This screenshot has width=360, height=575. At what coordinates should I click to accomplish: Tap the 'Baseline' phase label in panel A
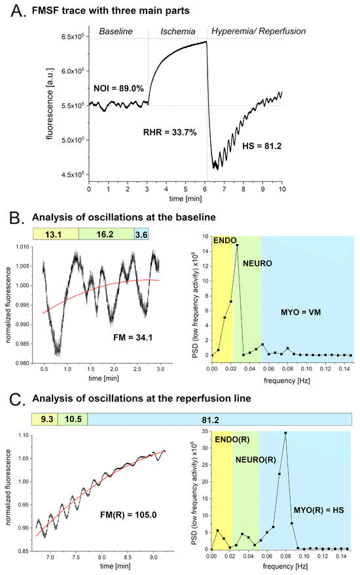coord(117,31)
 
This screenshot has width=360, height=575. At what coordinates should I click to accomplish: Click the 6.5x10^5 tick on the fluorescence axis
coord(69,37)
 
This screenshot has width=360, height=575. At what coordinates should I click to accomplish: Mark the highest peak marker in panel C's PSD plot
coord(285,433)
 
